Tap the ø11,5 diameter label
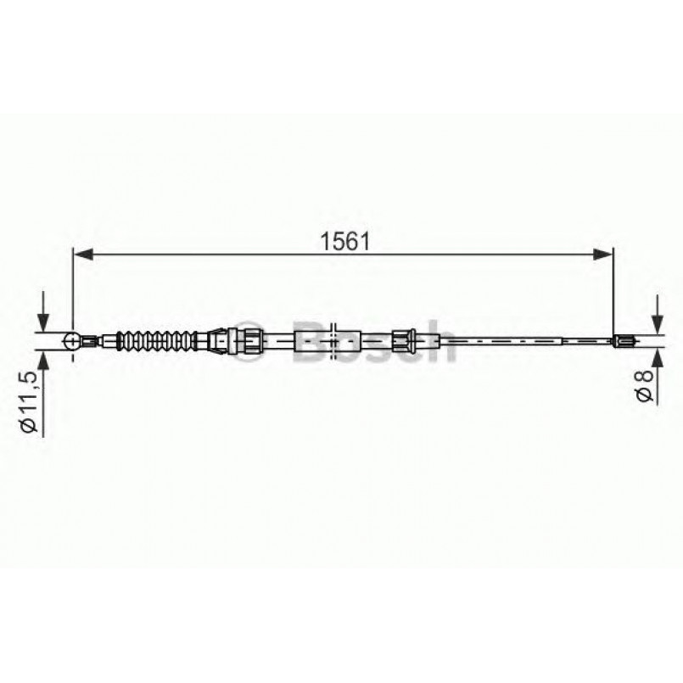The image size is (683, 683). click(31, 402)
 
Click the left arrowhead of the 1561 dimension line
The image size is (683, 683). click(81, 252)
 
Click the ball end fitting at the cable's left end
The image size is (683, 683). click(74, 341)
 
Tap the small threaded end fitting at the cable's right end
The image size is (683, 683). click(624, 342)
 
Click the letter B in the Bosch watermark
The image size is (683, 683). click(311, 340)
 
